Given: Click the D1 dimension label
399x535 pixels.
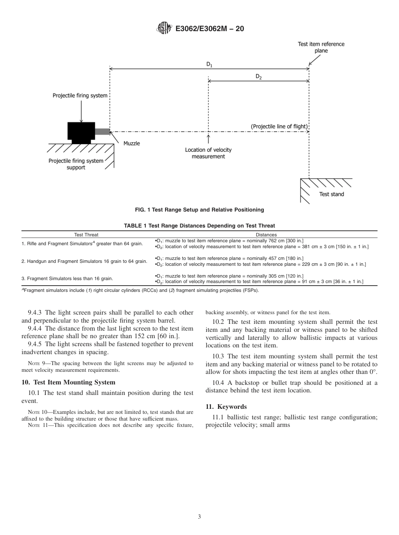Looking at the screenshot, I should pyautogui.click(x=209, y=64).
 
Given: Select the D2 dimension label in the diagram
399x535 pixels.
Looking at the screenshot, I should pyautogui.click(x=259, y=77).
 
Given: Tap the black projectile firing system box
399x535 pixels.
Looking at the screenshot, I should pyautogui.click(x=81, y=131).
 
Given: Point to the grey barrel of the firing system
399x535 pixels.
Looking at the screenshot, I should pyautogui.click(x=102, y=131).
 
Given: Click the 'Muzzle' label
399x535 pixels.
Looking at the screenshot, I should pyautogui.click(x=131, y=143).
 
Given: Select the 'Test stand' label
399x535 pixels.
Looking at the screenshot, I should pyautogui.click(x=331, y=194).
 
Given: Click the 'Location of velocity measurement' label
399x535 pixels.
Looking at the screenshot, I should pyautogui.click(x=208, y=153).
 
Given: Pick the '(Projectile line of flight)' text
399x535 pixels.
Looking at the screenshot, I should pyautogui.click(x=279, y=127).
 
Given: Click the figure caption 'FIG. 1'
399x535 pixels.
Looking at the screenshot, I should pyautogui.click(x=199, y=209).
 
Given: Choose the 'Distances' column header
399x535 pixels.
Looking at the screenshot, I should pyautogui.click(x=266, y=235).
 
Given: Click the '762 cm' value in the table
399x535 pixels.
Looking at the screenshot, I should pyautogui.click(x=266, y=241).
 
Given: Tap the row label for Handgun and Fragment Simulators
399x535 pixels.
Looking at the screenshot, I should pyautogui.click(x=84, y=261).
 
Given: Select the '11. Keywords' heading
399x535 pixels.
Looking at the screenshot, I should pyautogui.click(x=226, y=407).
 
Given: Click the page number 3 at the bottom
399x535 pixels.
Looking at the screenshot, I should pyautogui.click(x=199, y=516).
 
